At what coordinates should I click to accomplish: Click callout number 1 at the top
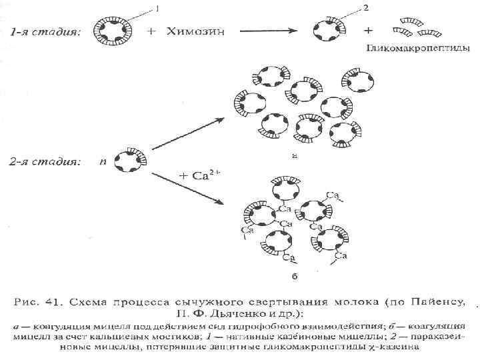[157, 8]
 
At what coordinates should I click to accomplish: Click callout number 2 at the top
[365, 8]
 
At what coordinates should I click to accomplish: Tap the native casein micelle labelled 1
[111, 30]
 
